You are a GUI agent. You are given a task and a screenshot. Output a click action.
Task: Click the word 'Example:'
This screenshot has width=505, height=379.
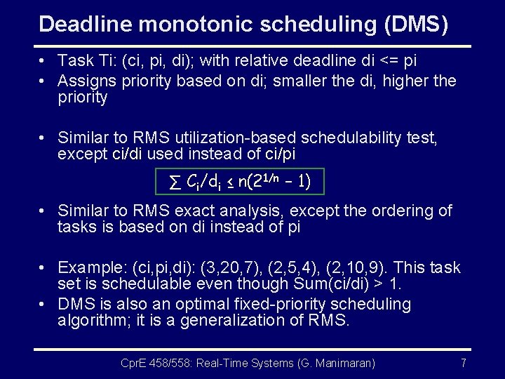[x=87, y=268]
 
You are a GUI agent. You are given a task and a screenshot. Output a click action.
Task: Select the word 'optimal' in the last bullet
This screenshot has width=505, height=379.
[x=194, y=305]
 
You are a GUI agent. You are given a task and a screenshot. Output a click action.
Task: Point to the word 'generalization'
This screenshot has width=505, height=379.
[x=236, y=321]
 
